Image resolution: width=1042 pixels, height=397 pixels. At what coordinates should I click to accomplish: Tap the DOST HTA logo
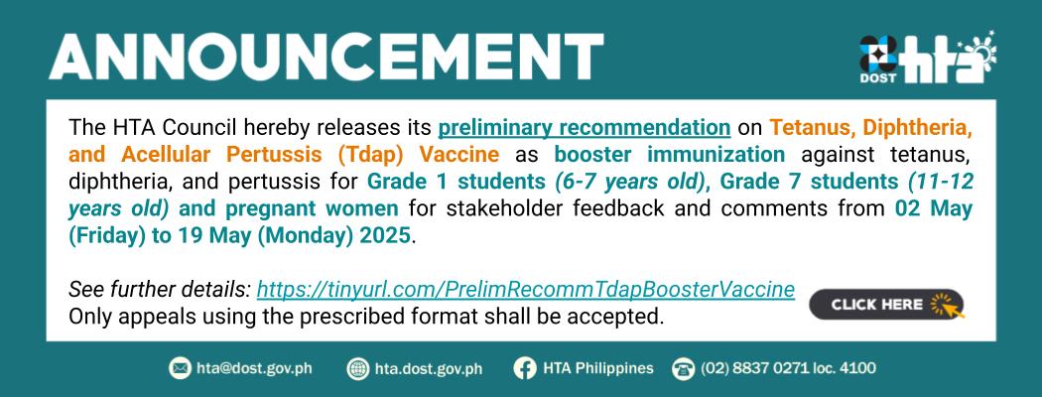(x=928, y=58)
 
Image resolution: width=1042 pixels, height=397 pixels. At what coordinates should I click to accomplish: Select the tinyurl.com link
(x=526, y=289)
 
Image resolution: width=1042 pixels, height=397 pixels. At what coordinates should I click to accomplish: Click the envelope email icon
(x=180, y=368)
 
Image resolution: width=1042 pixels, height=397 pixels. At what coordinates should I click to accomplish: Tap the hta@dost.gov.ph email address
(x=254, y=368)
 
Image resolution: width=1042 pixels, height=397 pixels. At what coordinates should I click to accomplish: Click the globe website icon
(x=358, y=368)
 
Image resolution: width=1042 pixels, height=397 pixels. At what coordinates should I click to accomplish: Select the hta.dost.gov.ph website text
(x=429, y=368)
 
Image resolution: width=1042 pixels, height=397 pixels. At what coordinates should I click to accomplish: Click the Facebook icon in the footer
(x=524, y=368)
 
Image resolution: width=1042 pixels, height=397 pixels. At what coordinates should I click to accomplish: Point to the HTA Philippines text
(x=598, y=368)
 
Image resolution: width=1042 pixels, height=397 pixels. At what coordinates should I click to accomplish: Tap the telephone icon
(x=683, y=368)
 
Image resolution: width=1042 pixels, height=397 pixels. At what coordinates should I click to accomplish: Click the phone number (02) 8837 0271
(x=756, y=368)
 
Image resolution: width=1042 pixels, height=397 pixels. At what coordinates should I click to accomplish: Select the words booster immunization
(x=669, y=154)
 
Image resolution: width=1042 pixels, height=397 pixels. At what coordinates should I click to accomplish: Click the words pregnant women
(x=312, y=208)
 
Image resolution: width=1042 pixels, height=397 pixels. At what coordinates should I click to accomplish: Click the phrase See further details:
(x=160, y=289)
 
